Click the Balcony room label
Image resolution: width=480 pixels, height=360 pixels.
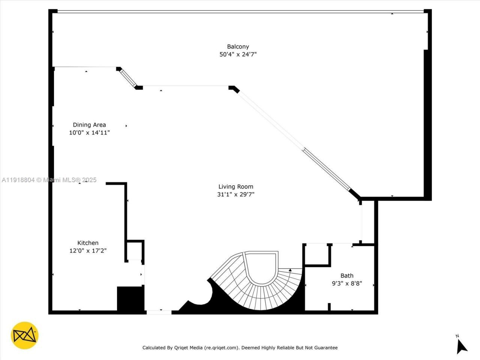[x=238, y=46]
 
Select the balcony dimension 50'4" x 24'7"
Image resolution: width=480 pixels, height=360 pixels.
[x=238, y=54]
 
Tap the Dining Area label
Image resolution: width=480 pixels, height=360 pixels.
[x=89, y=125]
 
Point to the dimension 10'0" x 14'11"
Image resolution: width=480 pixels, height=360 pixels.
[x=89, y=133]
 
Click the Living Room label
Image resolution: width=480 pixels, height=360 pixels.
[x=235, y=186]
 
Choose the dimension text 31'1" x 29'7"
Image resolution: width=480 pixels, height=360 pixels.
[x=235, y=194]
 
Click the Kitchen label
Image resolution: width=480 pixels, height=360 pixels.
[x=88, y=243]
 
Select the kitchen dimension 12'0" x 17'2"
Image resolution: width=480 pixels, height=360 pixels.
[x=88, y=251]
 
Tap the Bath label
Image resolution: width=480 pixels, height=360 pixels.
[x=347, y=276]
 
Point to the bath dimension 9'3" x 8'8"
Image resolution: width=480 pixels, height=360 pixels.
[x=347, y=284]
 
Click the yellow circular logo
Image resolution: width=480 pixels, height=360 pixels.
[x=25, y=335]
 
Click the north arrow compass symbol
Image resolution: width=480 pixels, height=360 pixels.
[x=461, y=345]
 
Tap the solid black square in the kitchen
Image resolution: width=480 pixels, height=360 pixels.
[x=130, y=298]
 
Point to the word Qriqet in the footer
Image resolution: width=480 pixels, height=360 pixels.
[x=183, y=348]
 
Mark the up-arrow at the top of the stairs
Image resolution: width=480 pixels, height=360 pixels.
[x=290, y=270]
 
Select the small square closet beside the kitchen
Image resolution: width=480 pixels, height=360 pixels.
[x=134, y=250]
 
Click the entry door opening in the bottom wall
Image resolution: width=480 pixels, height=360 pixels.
[x=159, y=312]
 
